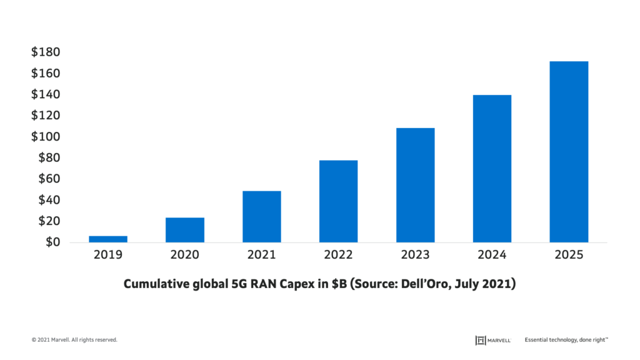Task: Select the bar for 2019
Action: tap(108, 239)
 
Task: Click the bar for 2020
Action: tap(185, 229)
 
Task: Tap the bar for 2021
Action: tap(262, 216)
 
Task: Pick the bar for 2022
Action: tap(338, 201)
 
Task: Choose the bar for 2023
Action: tap(415, 185)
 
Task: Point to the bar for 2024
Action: tap(492, 169)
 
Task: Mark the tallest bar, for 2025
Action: tap(569, 152)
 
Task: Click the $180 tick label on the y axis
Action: tap(46, 52)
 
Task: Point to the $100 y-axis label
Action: tap(46, 137)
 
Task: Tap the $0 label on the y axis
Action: tap(52, 242)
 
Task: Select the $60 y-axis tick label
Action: tap(49, 179)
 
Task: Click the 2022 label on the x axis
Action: tap(338, 254)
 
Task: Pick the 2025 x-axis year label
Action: tap(569, 254)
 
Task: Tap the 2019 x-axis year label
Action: tap(108, 254)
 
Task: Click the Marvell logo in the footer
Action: tap(493, 340)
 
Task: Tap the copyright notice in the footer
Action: tap(74, 340)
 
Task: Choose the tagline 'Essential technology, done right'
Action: tap(566, 340)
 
